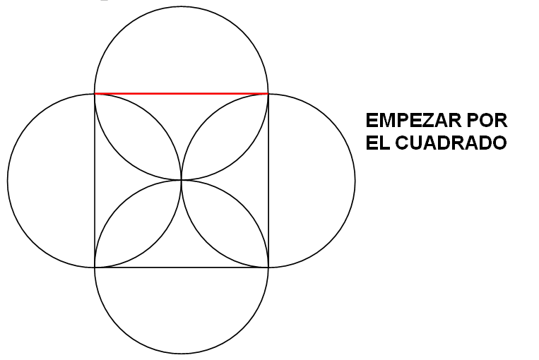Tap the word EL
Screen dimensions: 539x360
click(376, 142)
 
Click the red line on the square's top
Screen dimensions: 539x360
click(182, 93)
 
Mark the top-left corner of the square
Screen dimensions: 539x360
click(95, 93)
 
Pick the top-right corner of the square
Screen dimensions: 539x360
click(268, 93)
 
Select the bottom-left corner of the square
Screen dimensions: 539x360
click(95, 268)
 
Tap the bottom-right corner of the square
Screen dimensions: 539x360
click(268, 268)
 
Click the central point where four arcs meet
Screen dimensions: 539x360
click(182, 180)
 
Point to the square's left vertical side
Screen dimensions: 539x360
click(95, 180)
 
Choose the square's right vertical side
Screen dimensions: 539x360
click(268, 180)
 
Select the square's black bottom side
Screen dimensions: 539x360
click(182, 268)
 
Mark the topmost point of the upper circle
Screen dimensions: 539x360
click(182, 7)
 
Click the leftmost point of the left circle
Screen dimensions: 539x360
click(8, 180)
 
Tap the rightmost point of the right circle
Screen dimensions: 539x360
click(355, 180)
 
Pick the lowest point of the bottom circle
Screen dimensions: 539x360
click(182, 354)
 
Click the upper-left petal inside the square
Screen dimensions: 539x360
click(138, 136)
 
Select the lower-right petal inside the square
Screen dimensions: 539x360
click(225, 224)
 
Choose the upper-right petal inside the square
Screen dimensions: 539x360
click(225, 136)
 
